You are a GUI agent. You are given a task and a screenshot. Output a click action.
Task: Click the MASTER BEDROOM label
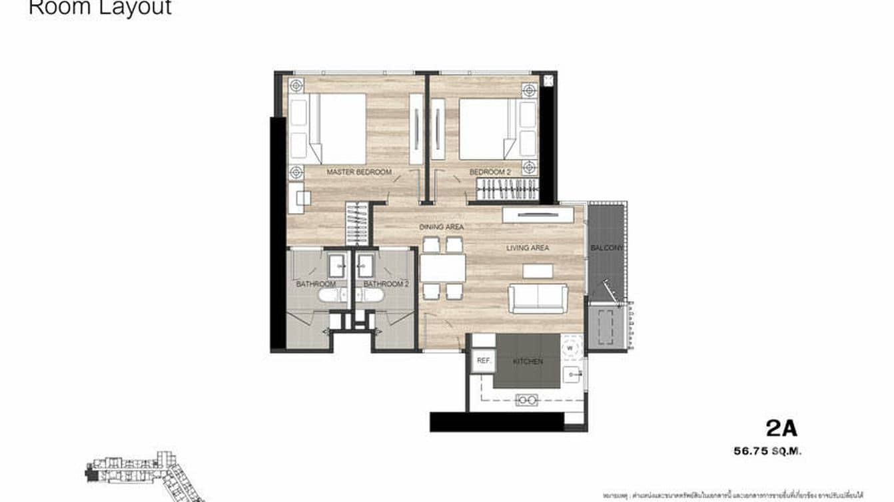(x=358, y=172)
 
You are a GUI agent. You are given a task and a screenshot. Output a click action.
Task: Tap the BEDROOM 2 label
(x=490, y=172)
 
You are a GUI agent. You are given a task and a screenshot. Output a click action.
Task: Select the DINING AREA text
(x=441, y=227)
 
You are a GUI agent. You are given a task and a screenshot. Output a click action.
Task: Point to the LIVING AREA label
(x=527, y=248)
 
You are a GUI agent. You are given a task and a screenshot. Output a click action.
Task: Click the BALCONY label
(x=606, y=248)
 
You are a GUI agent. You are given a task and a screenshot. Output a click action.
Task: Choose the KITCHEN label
(x=528, y=362)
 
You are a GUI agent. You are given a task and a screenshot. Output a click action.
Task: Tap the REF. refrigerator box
(x=484, y=361)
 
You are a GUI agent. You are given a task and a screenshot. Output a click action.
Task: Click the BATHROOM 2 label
(x=386, y=284)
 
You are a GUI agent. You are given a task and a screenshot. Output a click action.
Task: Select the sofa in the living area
(x=538, y=298)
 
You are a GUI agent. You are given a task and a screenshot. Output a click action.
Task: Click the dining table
(x=442, y=268)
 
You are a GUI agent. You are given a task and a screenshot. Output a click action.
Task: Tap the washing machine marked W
(x=571, y=347)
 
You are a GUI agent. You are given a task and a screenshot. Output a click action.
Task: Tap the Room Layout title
(x=100, y=8)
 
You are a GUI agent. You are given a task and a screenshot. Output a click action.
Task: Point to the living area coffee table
(x=538, y=270)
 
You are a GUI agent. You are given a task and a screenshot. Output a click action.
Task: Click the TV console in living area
(x=538, y=214)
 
